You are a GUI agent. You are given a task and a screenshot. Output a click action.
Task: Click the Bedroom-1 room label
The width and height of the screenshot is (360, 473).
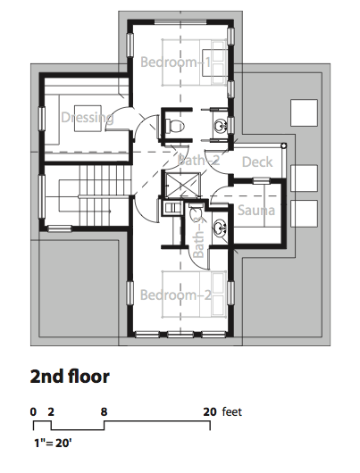175,62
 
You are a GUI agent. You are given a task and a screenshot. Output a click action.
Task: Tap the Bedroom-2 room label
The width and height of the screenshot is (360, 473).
175,295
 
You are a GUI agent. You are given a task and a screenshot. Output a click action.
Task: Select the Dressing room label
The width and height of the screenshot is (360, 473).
88,118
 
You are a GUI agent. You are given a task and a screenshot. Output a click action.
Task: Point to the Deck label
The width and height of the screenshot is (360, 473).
257,162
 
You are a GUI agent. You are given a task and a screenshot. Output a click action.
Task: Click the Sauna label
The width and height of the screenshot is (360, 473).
256,211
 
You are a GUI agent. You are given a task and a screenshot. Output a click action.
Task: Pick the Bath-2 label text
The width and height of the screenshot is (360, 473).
198,160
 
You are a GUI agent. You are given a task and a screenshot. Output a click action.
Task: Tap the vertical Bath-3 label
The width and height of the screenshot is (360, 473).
198,238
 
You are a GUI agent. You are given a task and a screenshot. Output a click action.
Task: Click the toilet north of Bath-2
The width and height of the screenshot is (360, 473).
174,126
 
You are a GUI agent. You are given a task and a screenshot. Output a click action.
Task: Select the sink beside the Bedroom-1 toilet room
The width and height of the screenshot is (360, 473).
221,125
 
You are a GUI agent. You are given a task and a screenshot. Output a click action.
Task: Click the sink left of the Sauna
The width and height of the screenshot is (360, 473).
220,228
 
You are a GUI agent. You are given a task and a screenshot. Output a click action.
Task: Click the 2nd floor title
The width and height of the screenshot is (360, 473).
70,377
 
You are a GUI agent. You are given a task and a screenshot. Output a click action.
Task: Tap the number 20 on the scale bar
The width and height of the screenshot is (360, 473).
210,411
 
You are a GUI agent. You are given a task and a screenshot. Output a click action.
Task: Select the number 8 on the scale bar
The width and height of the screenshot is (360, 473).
104,411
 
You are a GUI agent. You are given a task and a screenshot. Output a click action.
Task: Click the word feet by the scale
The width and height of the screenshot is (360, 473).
232,411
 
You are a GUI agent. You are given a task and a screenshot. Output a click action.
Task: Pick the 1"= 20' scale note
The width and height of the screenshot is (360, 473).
54,444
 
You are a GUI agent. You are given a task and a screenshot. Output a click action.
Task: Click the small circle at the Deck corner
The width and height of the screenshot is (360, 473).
283,146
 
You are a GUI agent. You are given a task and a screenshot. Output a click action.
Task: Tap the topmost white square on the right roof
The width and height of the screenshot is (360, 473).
304,112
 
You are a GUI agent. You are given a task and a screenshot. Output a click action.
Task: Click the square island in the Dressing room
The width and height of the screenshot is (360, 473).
88,118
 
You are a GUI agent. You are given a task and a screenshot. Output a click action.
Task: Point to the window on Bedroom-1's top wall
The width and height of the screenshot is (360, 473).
180,22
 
